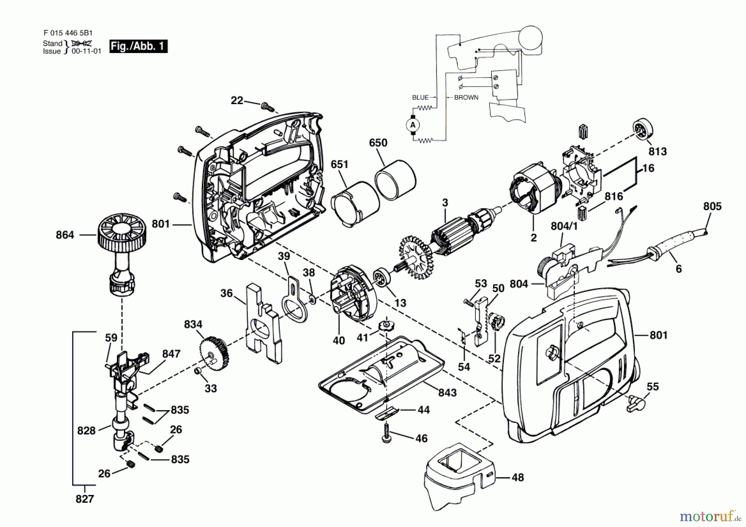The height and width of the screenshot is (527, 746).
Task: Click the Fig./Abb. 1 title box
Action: click(x=138, y=46)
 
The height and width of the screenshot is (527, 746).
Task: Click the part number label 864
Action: click(x=65, y=235)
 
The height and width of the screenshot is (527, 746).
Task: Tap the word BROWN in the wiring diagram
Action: click(x=466, y=98)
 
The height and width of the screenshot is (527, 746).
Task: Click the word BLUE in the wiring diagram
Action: click(x=420, y=98)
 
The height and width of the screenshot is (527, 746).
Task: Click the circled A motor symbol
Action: click(x=412, y=125)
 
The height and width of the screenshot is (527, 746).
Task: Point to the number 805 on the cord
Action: click(x=712, y=206)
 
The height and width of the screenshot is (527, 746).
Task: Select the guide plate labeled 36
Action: click(x=263, y=323)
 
